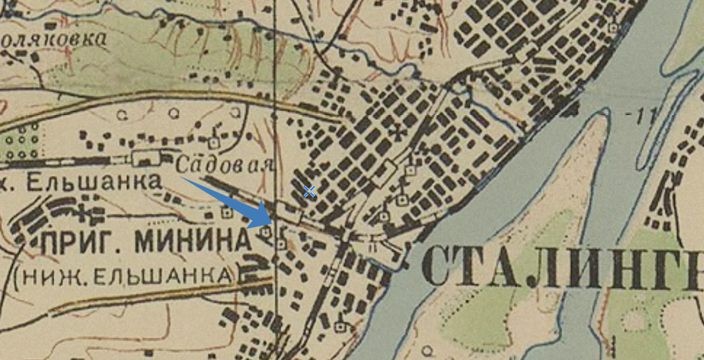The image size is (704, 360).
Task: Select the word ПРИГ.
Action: coord(80,242)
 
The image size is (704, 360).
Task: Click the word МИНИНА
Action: coord(192,242)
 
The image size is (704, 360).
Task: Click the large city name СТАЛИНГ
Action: coord(562,265)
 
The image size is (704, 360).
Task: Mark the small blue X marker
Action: coord(309,192)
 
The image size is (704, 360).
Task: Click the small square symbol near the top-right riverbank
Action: coord(614,28)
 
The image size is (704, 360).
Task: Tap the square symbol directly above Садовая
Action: coord(213,142)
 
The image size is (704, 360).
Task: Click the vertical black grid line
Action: coord(275,99)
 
